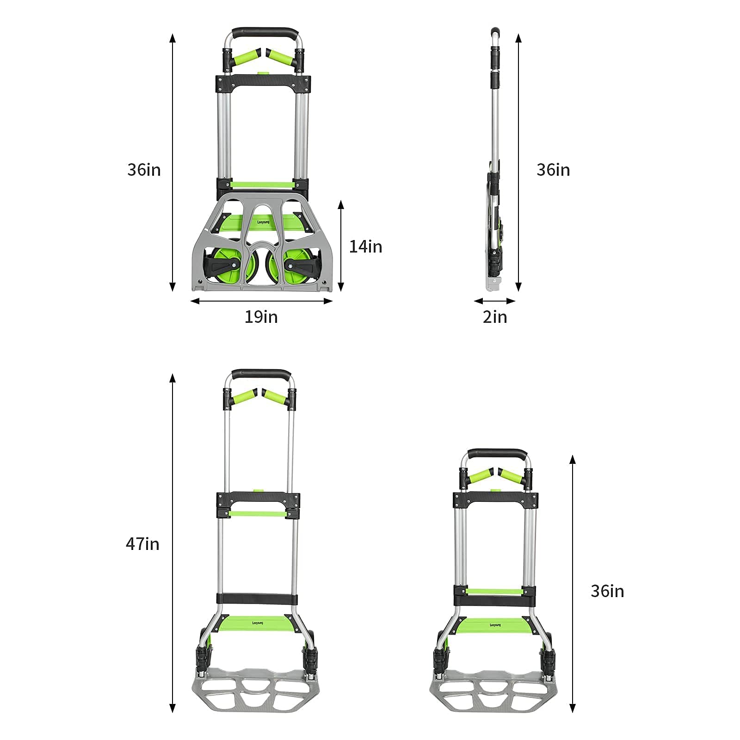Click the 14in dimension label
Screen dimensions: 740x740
click(x=365, y=247)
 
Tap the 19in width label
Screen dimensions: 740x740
click(x=261, y=317)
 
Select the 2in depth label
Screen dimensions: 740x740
click(x=495, y=317)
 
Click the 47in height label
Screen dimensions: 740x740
click(x=142, y=543)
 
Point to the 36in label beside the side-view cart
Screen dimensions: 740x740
click(x=553, y=170)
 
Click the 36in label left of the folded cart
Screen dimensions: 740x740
click(x=144, y=170)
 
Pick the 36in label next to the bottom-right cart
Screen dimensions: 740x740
click(x=607, y=591)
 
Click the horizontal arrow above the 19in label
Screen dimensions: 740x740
click(x=262, y=301)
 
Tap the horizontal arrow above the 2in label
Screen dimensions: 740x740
click(x=495, y=301)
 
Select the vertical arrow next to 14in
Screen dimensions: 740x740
click(x=341, y=246)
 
